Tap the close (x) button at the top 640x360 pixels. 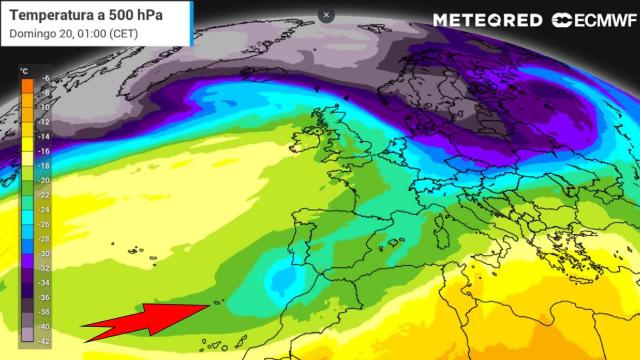326,15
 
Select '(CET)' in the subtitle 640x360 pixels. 123,33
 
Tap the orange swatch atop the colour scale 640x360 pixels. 26,86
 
